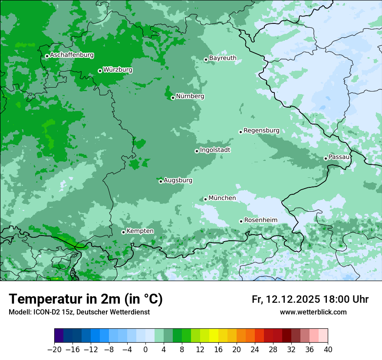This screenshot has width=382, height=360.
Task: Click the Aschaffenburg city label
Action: (72, 55)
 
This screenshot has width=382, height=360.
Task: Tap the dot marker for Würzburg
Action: (100, 71)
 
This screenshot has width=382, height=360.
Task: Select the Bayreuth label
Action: (223, 58)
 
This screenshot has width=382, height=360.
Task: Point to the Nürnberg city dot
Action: (173, 98)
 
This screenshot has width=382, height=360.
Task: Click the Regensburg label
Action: (261, 130)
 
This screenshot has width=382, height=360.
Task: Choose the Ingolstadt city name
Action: (215, 150)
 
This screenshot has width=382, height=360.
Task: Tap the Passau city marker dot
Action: (326, 158)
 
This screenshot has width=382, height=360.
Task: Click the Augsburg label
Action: (178, 180)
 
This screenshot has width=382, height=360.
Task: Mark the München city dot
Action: (205, 199)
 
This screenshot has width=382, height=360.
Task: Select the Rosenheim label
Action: (260, 220)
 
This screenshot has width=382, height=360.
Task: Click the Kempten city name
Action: (140, 231)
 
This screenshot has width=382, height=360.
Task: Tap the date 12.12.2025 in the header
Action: (293, 299)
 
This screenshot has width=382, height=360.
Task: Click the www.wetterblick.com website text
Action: (313, 312)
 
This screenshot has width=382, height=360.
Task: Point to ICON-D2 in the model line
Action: (44, 312)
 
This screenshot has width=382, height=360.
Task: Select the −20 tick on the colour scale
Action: (54, 349)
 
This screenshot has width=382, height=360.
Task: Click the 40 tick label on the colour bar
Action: (327, 349)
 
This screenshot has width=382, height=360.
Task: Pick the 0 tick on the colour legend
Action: (145, 349)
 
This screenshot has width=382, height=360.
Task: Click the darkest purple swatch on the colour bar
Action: (59, 336)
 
